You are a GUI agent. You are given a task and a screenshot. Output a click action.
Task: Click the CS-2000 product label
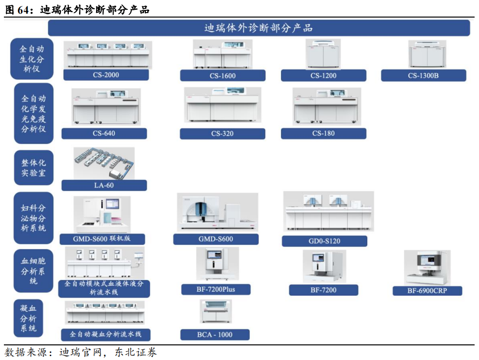pos(106,75)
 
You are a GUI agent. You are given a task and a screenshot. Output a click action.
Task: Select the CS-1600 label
pos(222,76)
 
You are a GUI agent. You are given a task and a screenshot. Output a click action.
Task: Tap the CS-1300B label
pos(423,76)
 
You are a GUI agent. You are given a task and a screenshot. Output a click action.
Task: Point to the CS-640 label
pos(104,133)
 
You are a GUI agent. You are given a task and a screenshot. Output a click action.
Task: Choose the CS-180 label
pos(323,133)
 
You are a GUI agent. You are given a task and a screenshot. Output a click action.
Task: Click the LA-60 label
pos(104,185)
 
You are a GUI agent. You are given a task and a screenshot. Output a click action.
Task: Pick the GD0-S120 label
pos(324,241)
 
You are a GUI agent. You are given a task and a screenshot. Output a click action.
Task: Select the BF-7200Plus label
pos(216,289)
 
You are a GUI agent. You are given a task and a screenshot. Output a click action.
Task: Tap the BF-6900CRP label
pos(427,291)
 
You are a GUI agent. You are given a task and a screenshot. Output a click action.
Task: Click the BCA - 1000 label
pos(215,335)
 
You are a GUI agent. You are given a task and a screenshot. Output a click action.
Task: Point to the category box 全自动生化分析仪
pos(32,59)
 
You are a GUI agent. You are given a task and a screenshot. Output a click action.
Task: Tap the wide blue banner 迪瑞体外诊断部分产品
pos(259,28)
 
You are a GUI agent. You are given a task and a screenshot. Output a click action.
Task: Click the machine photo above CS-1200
pos(323,55)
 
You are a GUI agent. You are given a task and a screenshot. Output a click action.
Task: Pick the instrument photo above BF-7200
pos(324,267)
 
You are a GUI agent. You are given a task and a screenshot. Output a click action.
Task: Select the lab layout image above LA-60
pos(104,163)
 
